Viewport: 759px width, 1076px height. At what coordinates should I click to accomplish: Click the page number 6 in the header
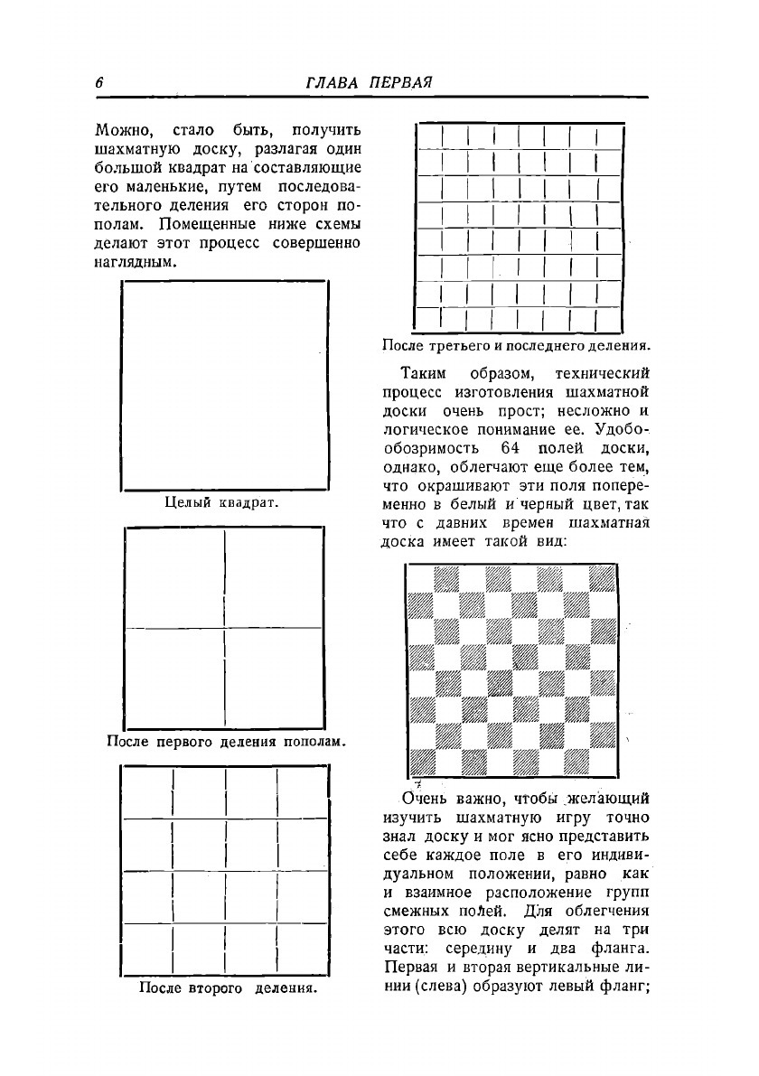(x=98, y=82)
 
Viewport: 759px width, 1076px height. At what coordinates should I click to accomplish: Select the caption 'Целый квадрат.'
(x=221, y=503)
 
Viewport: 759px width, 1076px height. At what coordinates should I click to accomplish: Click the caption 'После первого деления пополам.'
(x=227, y=742)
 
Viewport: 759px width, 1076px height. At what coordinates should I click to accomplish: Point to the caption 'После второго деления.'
(x=227, y=987)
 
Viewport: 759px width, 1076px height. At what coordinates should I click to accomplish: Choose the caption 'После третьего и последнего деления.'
(x=517, y=345)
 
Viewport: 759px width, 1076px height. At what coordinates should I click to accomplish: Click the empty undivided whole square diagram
(x=224, y=386)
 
